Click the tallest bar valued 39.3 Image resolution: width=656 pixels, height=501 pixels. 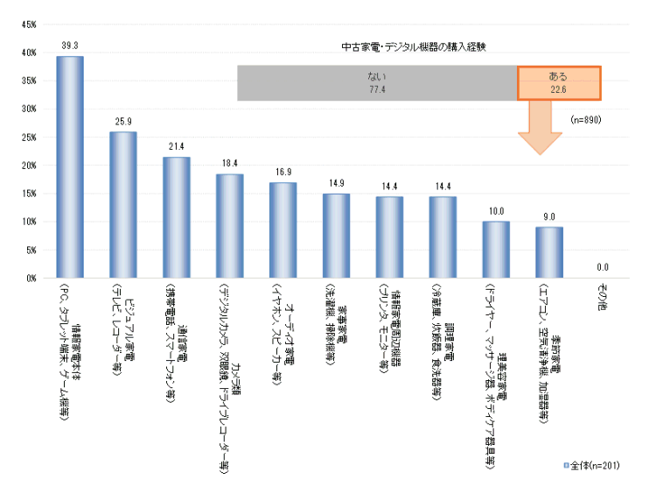(70, 167)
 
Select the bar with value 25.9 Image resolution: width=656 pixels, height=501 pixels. (123, 205)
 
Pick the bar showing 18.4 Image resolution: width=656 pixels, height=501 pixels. (230, 226)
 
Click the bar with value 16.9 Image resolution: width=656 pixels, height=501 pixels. (283, 230)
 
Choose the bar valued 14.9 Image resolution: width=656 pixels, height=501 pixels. (336, 236)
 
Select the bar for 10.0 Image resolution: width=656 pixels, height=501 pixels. (496, 250)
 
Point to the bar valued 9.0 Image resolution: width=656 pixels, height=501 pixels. (549, 252)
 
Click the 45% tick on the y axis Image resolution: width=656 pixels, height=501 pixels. (28, 25)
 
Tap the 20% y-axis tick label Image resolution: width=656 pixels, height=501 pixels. (28, 166)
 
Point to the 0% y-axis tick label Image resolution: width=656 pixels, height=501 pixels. (30, 279)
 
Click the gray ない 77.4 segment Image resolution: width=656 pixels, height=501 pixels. (377, 83)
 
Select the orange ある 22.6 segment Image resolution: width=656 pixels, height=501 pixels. (558, 83)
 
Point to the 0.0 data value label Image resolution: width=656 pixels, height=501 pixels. (603, 268)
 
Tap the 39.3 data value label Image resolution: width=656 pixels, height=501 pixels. (70, 45)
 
